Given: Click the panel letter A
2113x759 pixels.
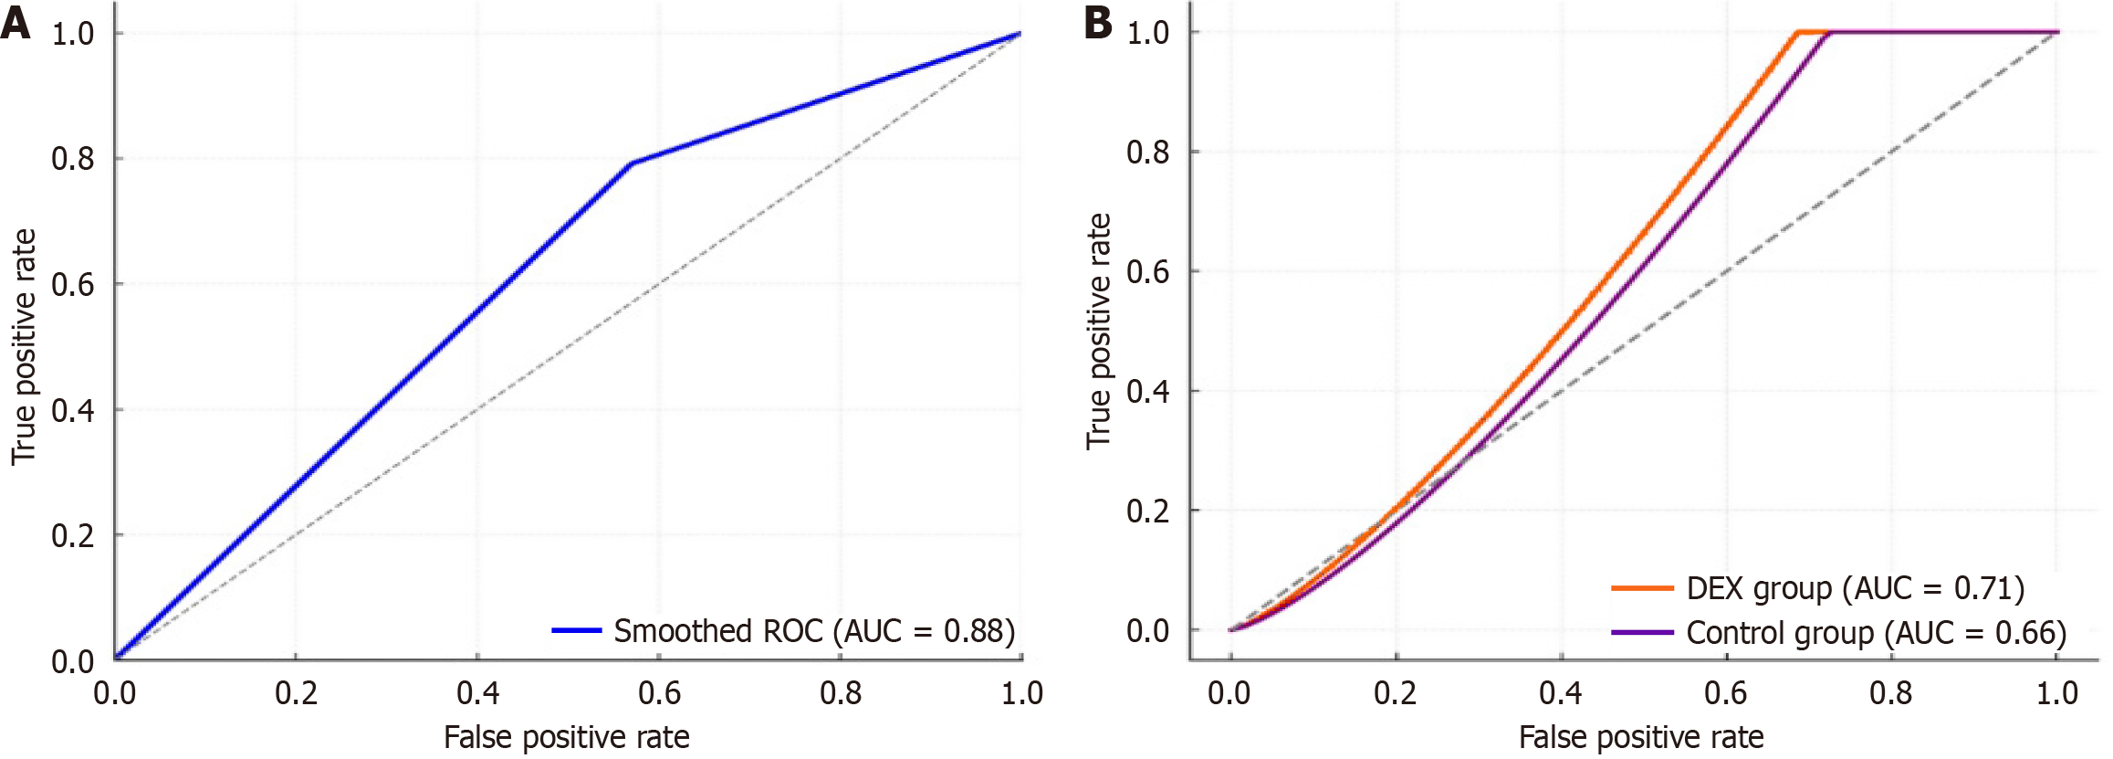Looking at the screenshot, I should tap(16, 22).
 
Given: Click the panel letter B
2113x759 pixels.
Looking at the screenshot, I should tap(1098, 22).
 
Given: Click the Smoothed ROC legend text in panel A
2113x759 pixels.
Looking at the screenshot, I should tap(814, 631).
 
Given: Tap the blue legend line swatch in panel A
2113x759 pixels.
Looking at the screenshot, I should tap(577, 631).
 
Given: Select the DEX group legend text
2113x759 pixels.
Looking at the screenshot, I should tap(1855, 589).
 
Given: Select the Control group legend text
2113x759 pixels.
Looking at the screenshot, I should tap(1876, 633).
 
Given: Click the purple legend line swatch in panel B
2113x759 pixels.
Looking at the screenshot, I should tap(1642, 633).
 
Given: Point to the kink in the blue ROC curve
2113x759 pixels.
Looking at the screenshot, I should tap(632, 163).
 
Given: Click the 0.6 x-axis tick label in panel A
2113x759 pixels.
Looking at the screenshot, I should tap(659, 694).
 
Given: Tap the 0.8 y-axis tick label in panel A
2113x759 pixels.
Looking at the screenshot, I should tap(73, 159).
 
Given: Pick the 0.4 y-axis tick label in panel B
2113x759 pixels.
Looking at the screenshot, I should tap(1147, 392).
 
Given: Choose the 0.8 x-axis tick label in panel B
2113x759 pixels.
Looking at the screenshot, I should tap(1890, 694).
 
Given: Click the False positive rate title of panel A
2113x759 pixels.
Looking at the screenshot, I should tap(566, 737).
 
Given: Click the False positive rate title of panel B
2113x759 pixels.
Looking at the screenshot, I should tap(1640, 737).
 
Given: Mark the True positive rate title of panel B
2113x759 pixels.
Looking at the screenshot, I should tap(1098, 331).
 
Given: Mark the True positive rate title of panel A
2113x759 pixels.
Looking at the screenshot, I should tap(24, 347).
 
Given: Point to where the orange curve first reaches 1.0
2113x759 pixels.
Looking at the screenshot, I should tap(1797, 33).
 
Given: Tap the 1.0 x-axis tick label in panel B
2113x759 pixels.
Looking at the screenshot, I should tap(2057, 694).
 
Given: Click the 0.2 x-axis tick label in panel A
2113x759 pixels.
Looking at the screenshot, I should tap(296, 694).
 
